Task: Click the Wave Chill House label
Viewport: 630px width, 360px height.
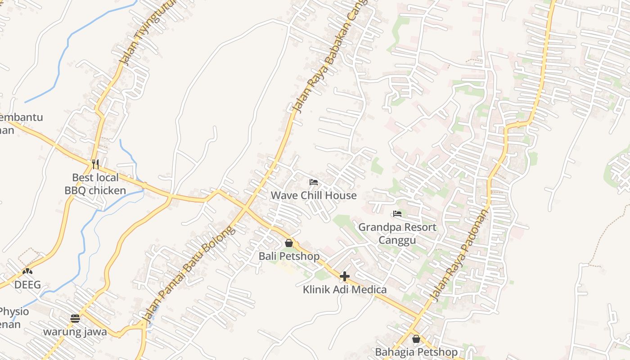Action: click(x=313, y=195)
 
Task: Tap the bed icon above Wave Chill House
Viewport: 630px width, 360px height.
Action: click(x=314, y=182)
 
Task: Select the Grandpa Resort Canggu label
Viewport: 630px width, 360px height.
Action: click(x=397, y=233)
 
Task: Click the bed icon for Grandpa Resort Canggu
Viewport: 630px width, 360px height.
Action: click(x=397, y=214)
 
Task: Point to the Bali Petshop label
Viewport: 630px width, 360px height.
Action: click(x=289, y=256)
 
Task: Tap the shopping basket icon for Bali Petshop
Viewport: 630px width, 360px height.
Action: click(x=289, y=243)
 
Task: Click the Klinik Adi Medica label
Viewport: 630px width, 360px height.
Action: click(x=345, y=289)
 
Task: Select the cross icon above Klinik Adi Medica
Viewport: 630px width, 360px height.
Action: click(x=345, y=276)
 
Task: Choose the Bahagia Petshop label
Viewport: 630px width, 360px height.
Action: click(x=416, y=351)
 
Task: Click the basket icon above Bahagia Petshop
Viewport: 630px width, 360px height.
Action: click(x=416, y=339)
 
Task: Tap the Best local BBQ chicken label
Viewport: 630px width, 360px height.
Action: click(x=95, y=184)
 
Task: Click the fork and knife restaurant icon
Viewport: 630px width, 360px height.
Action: click(x=95, y=164)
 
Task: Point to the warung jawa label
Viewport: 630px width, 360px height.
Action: click(x=75, y=332)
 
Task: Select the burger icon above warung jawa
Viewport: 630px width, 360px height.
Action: click(x=75, y=319)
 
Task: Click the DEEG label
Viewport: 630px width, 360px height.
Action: click(x=27, y=285)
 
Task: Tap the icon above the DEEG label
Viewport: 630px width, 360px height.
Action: click(x=27, y=271)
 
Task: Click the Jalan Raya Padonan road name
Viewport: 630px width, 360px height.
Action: click(x=459, y=255)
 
